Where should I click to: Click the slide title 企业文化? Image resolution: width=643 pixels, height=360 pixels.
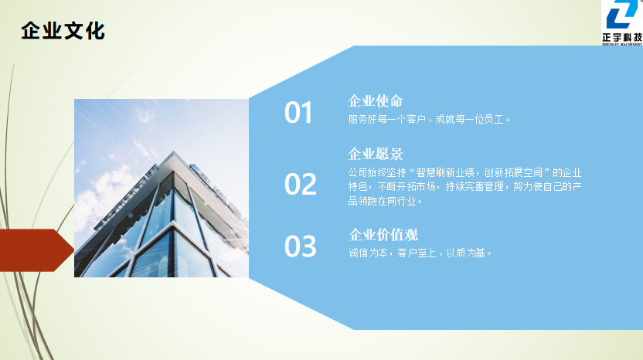[63, 31]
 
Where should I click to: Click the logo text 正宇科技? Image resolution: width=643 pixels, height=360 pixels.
[622, 37]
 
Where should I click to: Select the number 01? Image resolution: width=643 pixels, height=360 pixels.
[298, 113]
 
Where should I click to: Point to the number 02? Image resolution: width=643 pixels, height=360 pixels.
[300, 184]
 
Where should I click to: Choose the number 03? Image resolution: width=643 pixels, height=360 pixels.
[300, 246]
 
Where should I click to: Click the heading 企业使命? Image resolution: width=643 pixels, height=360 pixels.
[376, 101]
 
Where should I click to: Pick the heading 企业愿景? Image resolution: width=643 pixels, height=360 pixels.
[376, 154]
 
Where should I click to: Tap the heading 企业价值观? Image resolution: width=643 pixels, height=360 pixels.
[383, 235]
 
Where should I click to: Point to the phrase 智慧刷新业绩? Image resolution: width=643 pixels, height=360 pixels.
[445, 172]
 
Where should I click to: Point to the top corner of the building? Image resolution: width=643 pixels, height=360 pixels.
[174, 151]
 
